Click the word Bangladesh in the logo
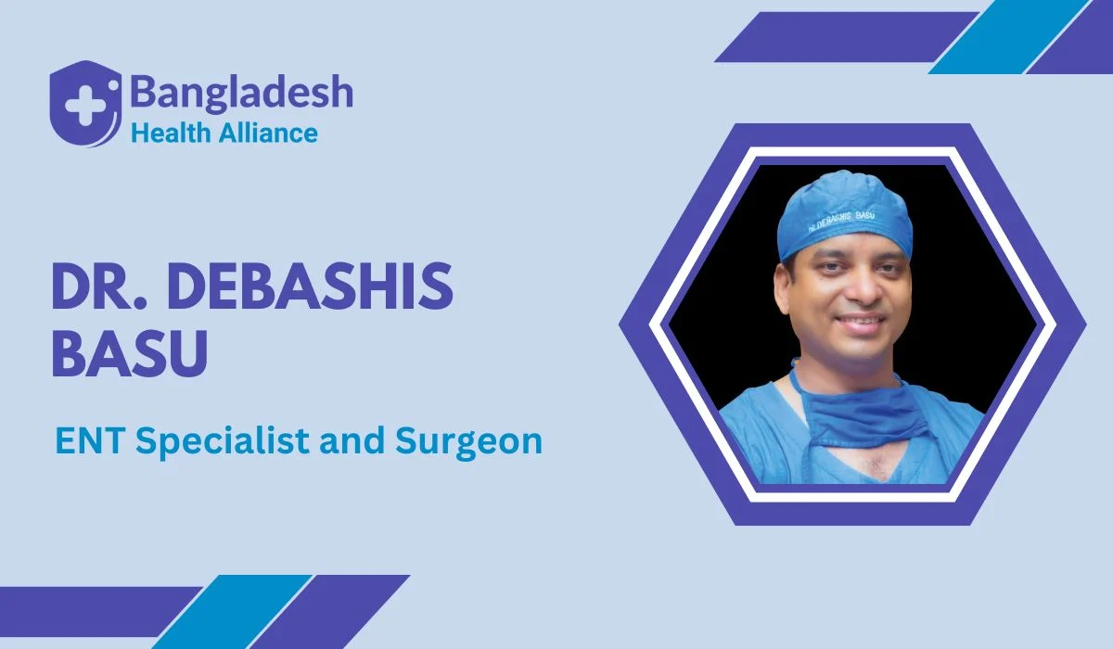coord(241,93)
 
